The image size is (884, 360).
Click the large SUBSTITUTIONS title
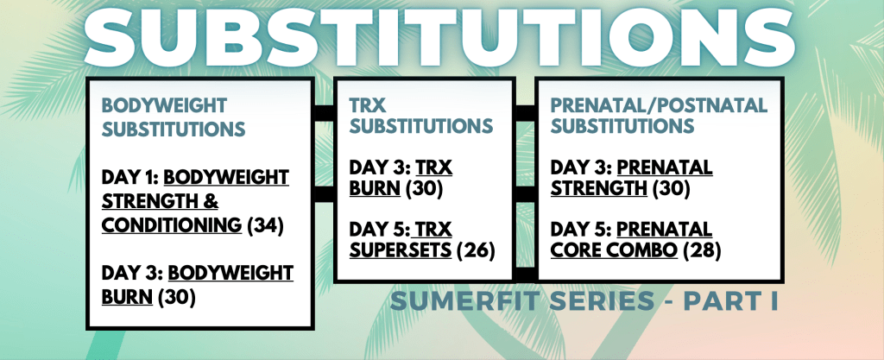point(440,34)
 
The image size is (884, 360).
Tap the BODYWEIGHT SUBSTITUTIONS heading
point(174,117)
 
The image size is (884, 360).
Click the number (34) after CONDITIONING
point(265,225)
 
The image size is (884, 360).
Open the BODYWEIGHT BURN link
point(198,285)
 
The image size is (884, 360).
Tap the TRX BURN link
point(401,178)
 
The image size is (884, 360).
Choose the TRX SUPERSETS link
point(401,239)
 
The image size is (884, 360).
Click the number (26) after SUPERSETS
point(476,249)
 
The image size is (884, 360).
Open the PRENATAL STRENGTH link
point(631,178)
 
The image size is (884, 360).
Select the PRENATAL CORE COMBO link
point(631,239)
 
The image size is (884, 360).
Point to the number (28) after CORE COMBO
point(702,249)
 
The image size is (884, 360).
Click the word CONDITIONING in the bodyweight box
point(172,224)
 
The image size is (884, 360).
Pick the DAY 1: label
point(130,178)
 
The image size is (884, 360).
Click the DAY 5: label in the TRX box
point(379,230)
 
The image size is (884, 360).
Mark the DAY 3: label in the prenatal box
point(581,167)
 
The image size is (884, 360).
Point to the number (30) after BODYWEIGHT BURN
point(176,297)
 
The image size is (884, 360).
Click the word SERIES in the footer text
point(597,300)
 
